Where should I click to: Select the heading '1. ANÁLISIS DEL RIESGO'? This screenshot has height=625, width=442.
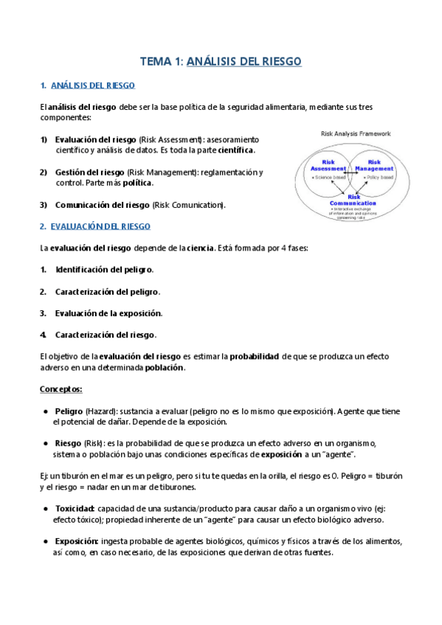tap(87, 86)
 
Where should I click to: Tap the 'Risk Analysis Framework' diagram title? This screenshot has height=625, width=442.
tap(356, 134)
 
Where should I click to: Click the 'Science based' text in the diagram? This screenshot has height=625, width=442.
tap(329, 178)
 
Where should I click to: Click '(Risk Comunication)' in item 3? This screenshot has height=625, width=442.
tap(189, 205)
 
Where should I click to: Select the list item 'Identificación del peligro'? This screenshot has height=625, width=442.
tap(104, 270)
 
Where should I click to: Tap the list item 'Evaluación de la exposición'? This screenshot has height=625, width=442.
tap(108, 313)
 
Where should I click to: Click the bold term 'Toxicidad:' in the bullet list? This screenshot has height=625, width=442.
tap(75, 509)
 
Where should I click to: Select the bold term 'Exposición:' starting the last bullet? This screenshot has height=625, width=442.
tap(77, 542)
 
